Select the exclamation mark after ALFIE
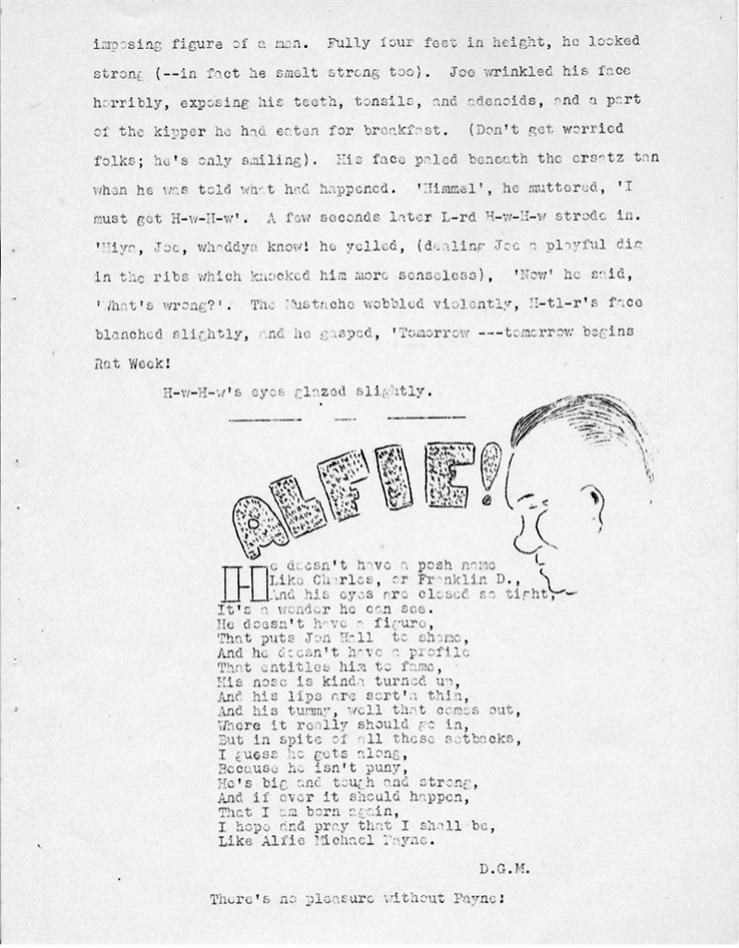pyautogui.click(x=488, y=469)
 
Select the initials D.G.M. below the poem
pyautogui.click(x=503, y=868)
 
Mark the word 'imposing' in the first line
pyautogui.click(x=128, y=43)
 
